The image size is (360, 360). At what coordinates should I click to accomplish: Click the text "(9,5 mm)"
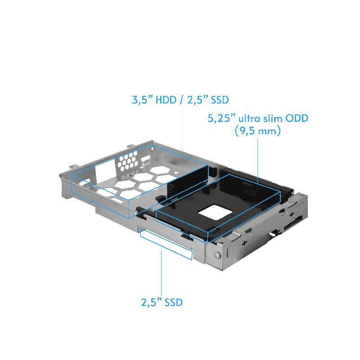coord(258,132)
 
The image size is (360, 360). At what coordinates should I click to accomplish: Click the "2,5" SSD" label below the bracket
coord(162,302)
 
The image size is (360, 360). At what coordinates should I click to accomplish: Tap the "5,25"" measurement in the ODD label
coord(222,119)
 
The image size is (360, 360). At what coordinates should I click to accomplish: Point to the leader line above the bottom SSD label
coord(162,274)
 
